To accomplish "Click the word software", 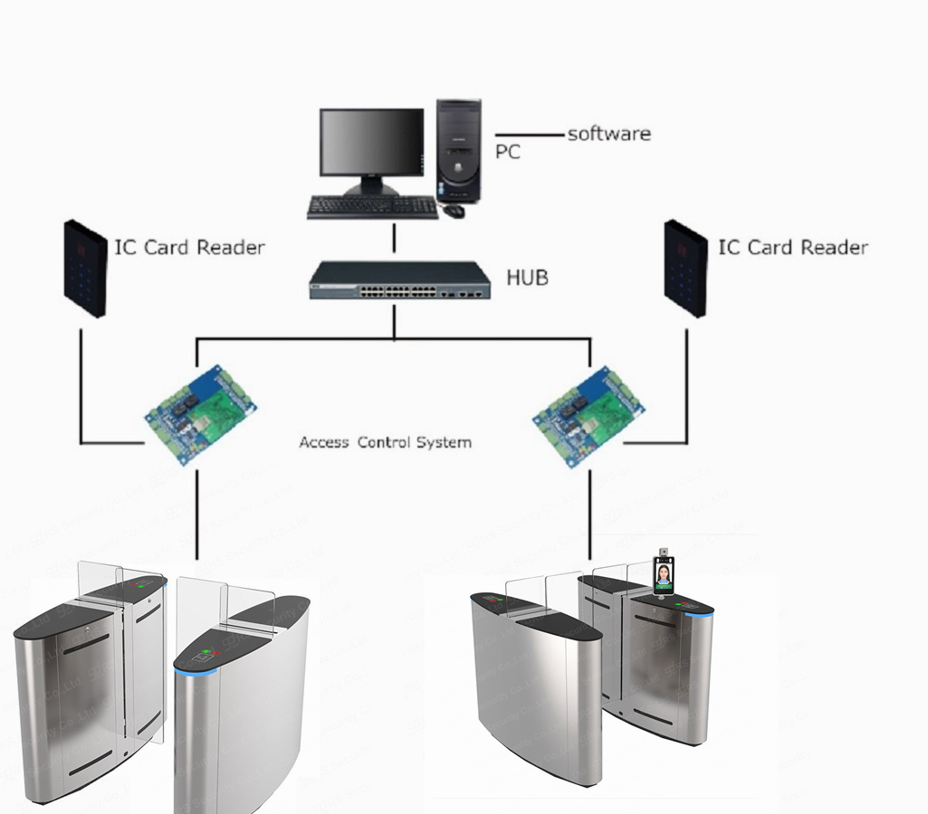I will click(608, 134).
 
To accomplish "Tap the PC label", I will click(508, 152).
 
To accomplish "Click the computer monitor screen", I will click(371, 142).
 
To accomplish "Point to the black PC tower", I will click(458, 150).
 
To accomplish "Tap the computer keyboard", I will click(372, 207).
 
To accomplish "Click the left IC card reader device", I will click(85, 268).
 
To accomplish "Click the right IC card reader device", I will click(685, 268).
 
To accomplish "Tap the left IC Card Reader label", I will click(189, 247).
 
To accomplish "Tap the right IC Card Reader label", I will click(792, 247).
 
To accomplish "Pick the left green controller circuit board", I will click(200, 412).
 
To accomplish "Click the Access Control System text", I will click(385, 442).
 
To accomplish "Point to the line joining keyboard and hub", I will click(394, 240).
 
